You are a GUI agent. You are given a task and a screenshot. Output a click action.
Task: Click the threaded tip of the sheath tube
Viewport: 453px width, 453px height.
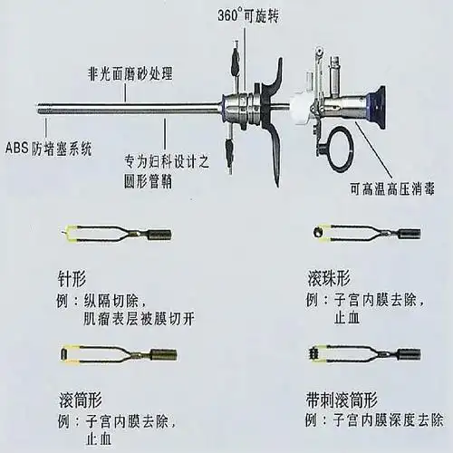click(x=45, y=105)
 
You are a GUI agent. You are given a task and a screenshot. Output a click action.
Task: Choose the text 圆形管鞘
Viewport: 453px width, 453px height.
click(x=149, y=182)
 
